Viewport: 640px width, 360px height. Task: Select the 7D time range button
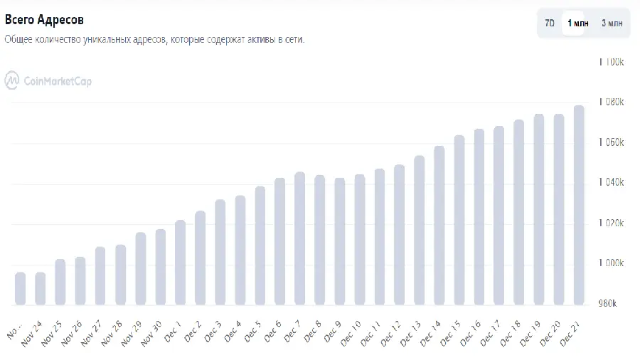coord(550,23)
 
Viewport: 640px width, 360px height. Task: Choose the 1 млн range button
coord(577,23)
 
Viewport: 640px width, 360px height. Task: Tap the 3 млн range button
coord(612,23)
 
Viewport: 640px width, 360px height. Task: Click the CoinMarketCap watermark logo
coord(48,81)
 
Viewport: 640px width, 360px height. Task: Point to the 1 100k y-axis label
coord(612,62)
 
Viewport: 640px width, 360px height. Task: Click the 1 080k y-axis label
coord(612,102)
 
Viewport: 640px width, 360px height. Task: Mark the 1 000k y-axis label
coord(612,263)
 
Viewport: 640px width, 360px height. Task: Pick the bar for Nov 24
coord(40,289)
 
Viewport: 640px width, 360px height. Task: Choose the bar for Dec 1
coord(180,263)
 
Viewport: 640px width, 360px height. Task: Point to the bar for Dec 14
coord(439,226)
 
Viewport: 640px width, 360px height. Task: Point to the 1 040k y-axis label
coord(612,183)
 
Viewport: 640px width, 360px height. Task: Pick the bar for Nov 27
coord(100,276)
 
